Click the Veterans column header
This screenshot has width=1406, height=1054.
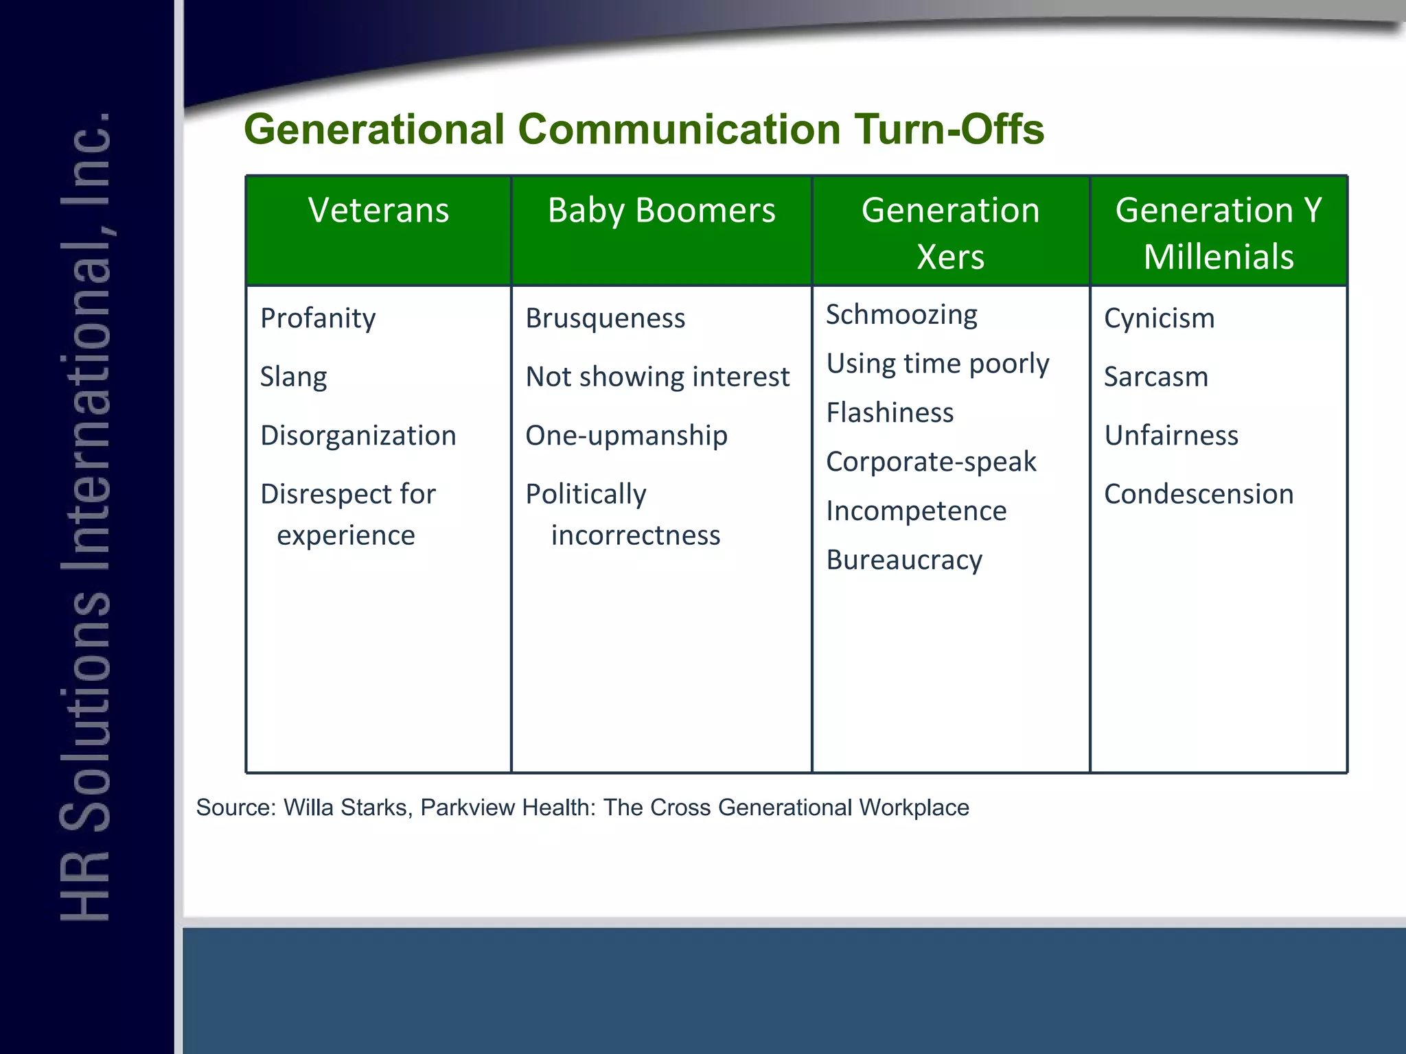click(378, 210)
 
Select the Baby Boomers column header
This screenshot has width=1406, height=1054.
click(661, 210)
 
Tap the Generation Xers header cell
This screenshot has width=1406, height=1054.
click(950, 233)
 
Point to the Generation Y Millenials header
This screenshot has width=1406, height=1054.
click(1218, 233)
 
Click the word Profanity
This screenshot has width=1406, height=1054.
click(318, 318)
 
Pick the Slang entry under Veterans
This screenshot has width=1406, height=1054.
click(293, 377)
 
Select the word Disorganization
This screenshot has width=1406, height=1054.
click(358, 436)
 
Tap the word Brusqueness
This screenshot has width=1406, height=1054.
click(605, 318)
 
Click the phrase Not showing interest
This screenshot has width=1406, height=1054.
click(657, 377)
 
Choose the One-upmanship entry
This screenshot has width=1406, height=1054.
click(626, 436)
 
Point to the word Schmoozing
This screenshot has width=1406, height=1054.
click(901, 315)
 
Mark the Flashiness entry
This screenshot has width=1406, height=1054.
click(890, 413)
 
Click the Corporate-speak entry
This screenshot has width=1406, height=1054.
click(931, 462)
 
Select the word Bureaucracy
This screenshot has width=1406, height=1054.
click(904, 560)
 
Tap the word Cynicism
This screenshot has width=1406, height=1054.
click(1159, 318)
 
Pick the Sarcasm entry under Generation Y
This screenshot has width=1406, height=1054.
click(1155, 377)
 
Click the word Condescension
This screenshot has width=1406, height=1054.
click(1199, 494)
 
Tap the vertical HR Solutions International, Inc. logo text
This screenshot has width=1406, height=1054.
click(86, 515)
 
